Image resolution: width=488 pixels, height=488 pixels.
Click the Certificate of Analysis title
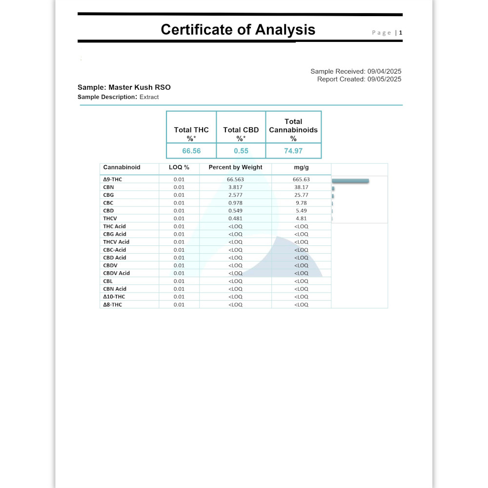click(238, 30)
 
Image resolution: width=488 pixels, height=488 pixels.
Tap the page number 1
click(401, 33)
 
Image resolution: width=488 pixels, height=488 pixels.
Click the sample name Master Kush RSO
click(139, 87)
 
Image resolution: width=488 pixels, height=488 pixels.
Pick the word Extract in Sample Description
click(149, 97)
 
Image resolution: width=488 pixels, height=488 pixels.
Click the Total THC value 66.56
click(191, 151)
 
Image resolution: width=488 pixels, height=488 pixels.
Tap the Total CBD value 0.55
click(241, 151)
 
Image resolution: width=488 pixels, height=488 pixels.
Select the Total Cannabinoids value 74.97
click(293, 151)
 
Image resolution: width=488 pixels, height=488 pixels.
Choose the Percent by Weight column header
click(235, 167)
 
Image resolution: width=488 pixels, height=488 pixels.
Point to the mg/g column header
click(301, 167)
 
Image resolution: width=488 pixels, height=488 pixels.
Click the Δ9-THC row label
click(113, 180)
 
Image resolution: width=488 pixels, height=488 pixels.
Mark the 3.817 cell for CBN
click(235, 187)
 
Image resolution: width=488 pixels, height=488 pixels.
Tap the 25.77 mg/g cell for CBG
click(301, 195)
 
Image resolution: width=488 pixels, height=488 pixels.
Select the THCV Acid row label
click(116, 242)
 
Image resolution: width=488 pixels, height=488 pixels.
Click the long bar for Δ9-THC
click(350, 181)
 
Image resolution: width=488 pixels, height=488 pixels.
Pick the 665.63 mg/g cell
click(301, 180)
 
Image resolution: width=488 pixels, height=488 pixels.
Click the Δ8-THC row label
click(113, 305)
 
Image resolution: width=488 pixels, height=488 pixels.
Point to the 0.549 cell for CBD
click(235, 211)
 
